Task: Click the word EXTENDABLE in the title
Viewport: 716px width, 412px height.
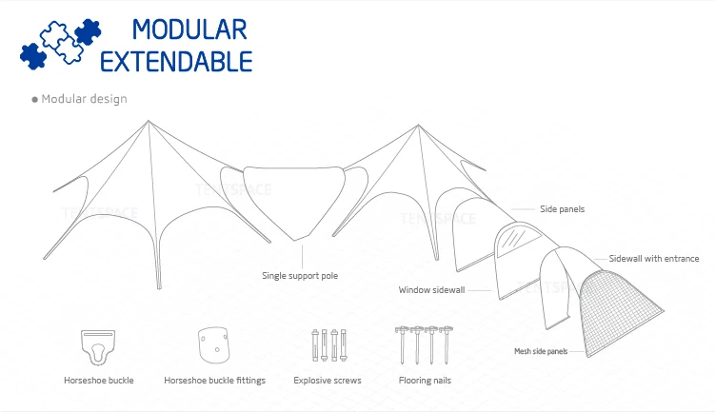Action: click(176, 63)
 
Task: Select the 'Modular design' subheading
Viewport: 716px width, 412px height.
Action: click(84, 99)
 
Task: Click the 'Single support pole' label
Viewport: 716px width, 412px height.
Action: click(300, 276)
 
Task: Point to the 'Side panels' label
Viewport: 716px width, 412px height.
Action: click(562, 208)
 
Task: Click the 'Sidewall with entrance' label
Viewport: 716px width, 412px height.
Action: click(654, 259)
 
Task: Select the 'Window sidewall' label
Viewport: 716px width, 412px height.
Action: click(431, 289)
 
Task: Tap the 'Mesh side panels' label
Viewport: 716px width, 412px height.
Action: click(541, 351)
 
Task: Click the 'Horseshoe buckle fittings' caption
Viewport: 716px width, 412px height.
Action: click(214, 381)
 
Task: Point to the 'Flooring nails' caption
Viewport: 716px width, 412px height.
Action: click(424, 381)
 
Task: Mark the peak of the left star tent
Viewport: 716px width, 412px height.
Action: click(148, 122)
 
